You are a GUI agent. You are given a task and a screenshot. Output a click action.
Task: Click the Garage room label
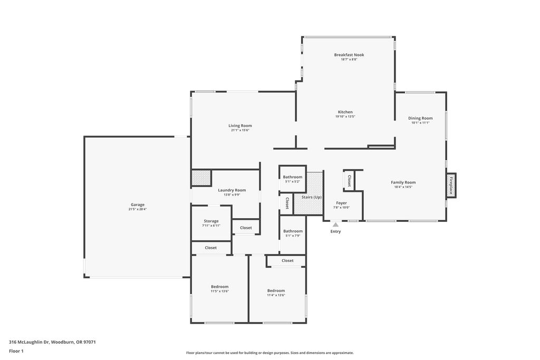tap(138, 205)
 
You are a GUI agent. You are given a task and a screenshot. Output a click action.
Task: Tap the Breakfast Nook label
tap(349, 55)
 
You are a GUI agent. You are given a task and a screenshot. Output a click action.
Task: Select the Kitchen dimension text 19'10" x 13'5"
tap(345, 116)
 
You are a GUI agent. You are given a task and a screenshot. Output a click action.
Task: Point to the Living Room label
tap(240, 125)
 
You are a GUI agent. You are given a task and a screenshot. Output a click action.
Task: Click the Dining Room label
tap(420, 118)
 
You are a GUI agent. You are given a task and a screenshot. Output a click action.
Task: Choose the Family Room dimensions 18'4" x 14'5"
tap(403, 187)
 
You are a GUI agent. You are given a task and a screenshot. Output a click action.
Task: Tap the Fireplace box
tap(451, 186)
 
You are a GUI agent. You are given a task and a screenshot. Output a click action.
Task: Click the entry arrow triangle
tap(335, 225)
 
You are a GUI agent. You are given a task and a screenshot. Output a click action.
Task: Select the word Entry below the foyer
tap(335, 231)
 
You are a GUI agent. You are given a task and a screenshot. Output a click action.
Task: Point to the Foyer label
tap(341, 203)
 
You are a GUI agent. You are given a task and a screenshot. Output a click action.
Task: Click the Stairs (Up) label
tap(312, 197)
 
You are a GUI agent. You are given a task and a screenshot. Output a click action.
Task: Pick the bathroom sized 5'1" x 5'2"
tap(292, 179)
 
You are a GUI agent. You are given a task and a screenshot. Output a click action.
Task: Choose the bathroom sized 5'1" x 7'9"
tap(293, 233)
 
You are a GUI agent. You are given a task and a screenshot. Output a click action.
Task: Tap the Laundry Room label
tap(232, 190)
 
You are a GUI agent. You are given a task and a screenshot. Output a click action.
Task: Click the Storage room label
tap(211, 221)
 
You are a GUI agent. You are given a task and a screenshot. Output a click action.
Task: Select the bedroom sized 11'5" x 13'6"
tap(220, 288)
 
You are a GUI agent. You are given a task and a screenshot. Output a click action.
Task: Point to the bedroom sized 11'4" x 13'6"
tap(276, 293)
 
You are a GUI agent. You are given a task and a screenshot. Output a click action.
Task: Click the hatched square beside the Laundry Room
tap(201, 178)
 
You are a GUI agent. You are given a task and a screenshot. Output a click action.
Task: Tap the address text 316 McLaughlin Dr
tap(30, 342)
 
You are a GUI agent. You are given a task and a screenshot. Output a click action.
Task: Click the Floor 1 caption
tap(16, 351)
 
